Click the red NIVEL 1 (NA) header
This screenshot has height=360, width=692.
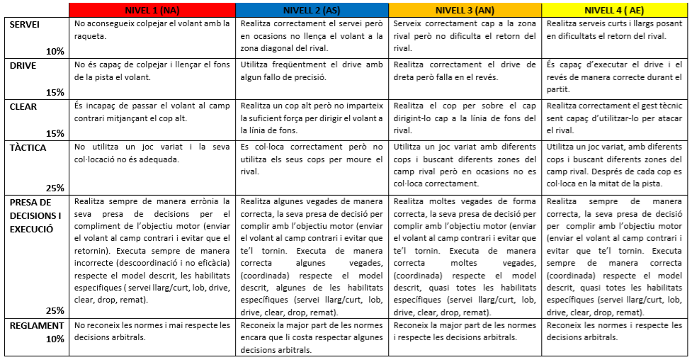click(152, 10)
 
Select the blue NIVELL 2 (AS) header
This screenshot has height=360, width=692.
click(312, 10)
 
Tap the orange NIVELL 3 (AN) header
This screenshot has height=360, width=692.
click(465, 10)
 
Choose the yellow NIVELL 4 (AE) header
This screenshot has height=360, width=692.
click(614, 10)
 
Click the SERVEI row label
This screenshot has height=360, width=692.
click(25, 24)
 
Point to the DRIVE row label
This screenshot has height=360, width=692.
click(23, 64)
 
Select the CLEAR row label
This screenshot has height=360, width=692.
click(23, 106)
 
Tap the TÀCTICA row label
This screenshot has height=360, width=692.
click(28, 147)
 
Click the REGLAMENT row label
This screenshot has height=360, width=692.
click(34, 325)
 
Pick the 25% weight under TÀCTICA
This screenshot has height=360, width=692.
click(55, 188)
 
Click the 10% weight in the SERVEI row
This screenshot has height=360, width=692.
click(55, 51)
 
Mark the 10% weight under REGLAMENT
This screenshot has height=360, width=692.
click(55, 338)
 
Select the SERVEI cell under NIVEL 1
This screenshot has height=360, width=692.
click(152, 29)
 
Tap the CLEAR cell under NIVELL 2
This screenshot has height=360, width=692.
click(312, 118)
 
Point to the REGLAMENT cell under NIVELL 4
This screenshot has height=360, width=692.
click(614, 331)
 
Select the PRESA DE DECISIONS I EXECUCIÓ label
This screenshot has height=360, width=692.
click(35, 215)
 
